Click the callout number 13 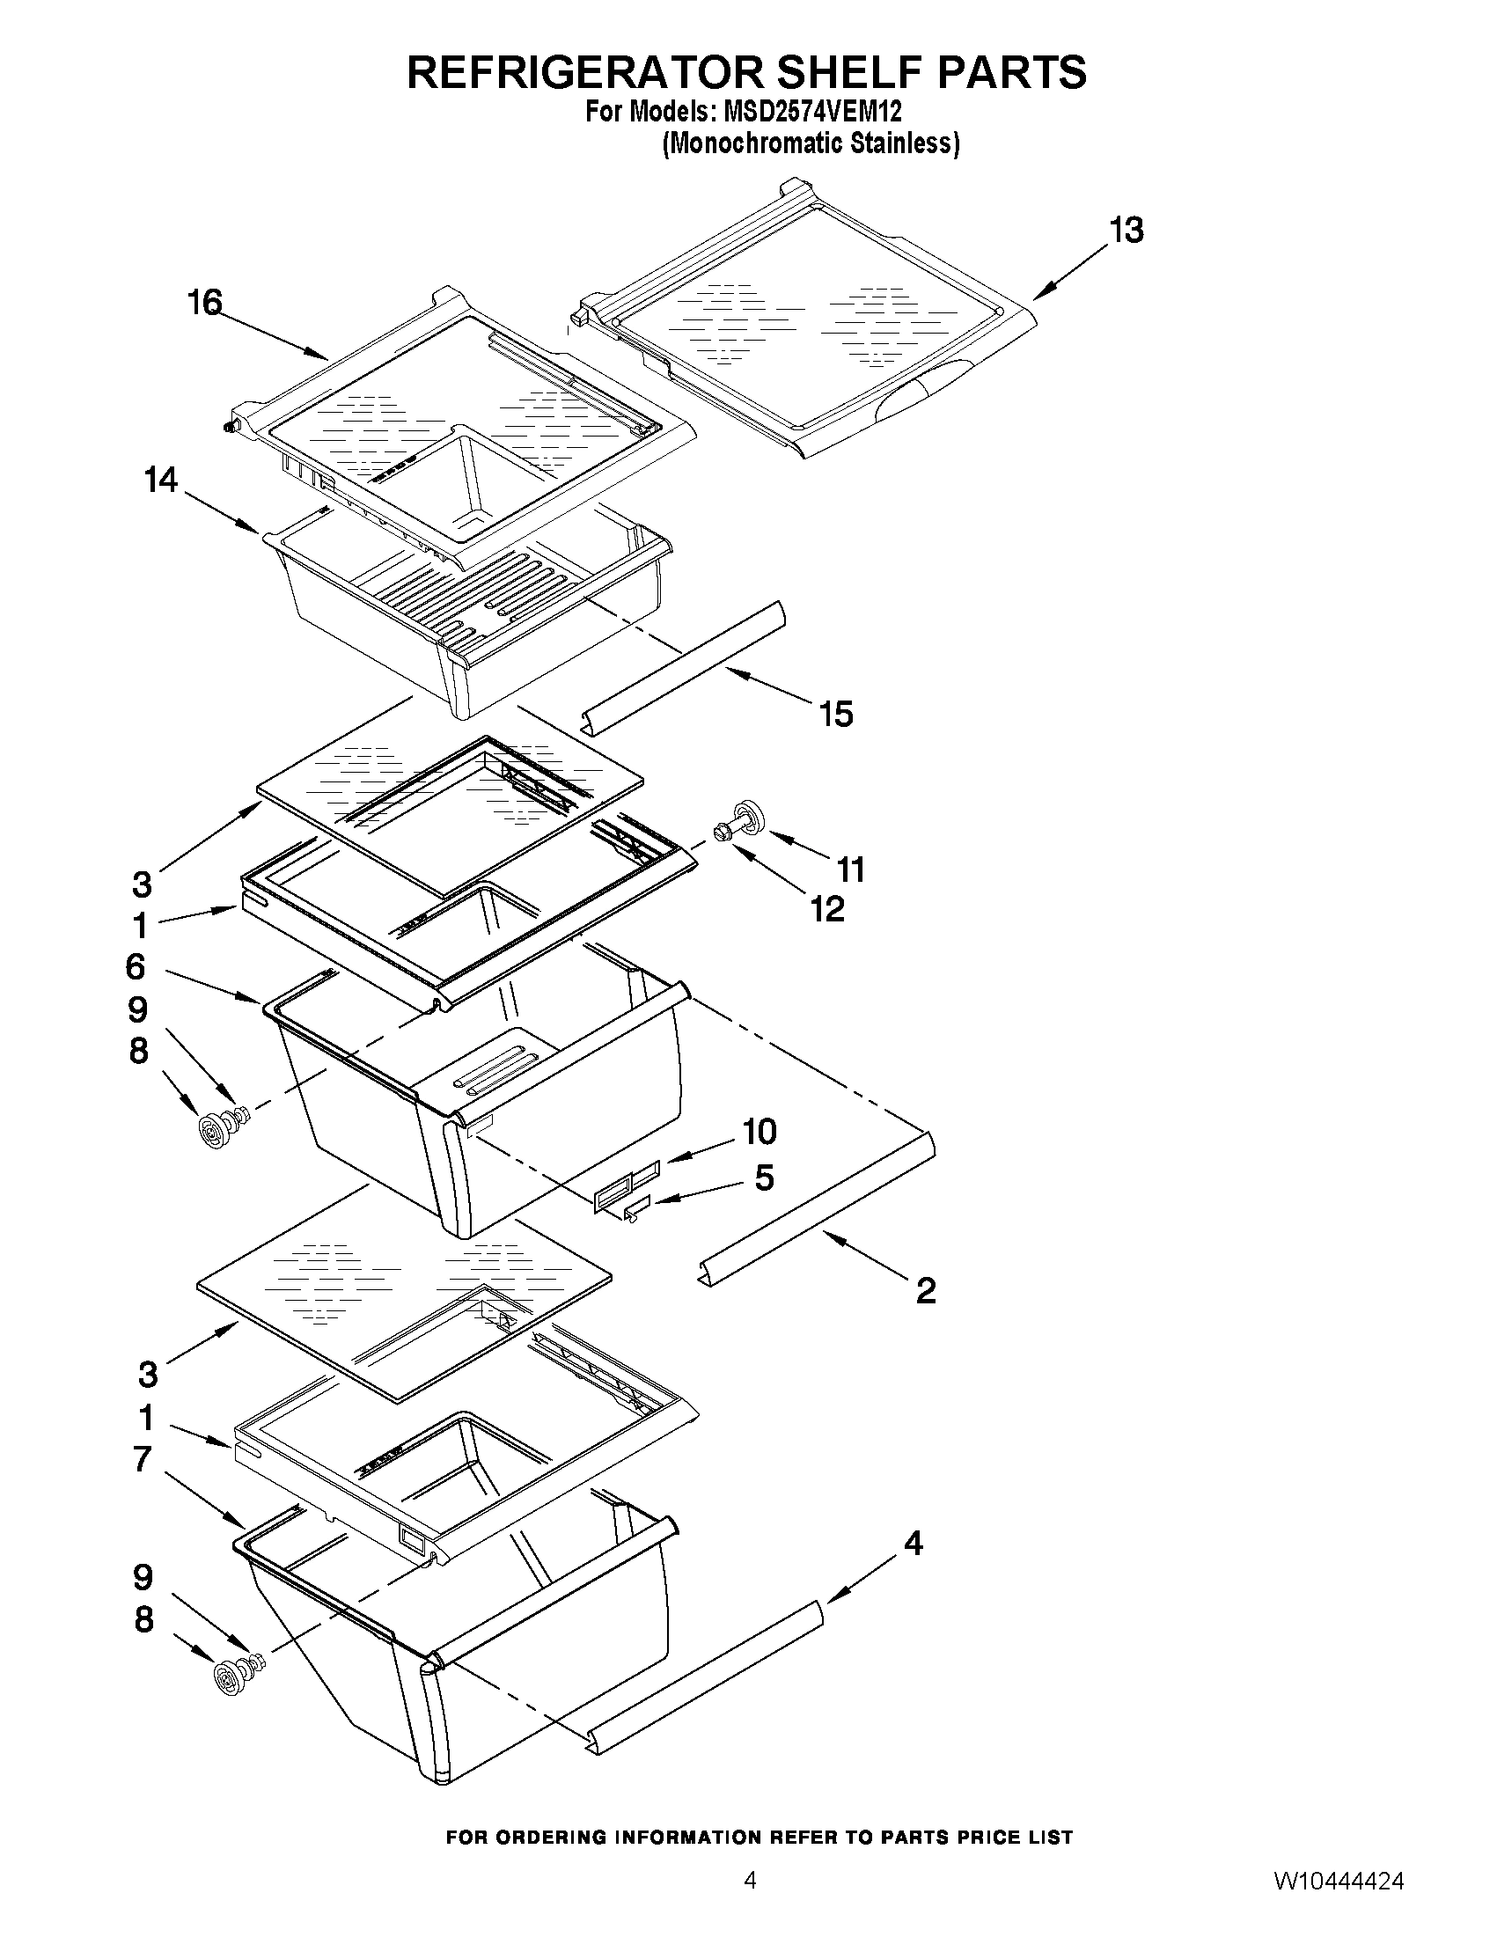[1126, 231]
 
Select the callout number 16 [204, 303]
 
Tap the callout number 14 [161, 481]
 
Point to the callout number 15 [836, 714]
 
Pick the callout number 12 [827, 909]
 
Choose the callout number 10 [760, 1131]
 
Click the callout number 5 [764, 1178]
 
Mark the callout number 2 [925, 1290]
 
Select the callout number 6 [136, 966]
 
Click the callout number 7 [142, 1459]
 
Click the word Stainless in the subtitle [906, 143]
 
